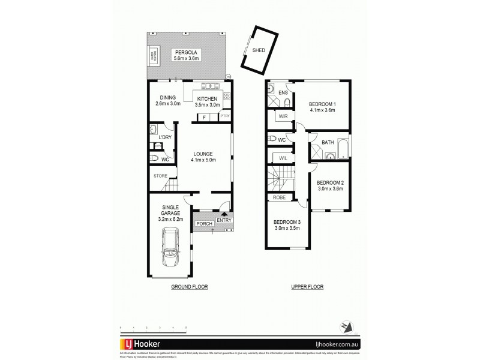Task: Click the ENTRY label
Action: [x=224, y=220]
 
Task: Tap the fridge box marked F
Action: [x=205, y=117]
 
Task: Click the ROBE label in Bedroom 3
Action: [x=280, y=197]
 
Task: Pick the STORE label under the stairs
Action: [x=159, y=176]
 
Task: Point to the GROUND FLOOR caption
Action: [x=188, y=287]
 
